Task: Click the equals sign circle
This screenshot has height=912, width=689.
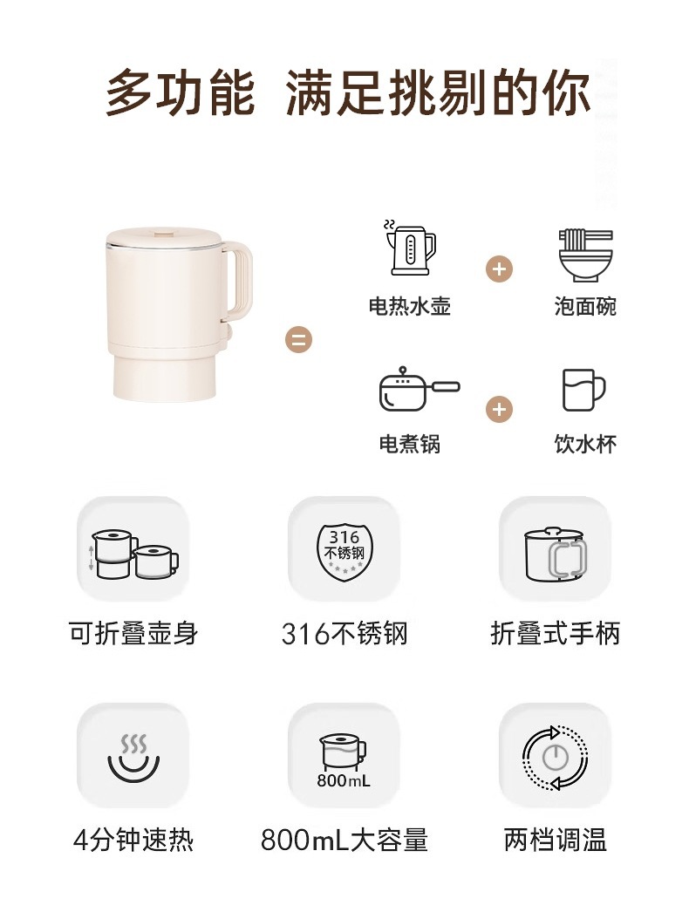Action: pyautogui.click(x=298, y=339)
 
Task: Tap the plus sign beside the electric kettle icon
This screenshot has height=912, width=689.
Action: pyautogui.click(x=499, y=269)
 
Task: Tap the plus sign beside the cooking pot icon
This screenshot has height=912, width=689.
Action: pyautogui.click(x=499, y=410)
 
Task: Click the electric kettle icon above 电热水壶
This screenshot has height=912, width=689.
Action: pyautogui.click(x=410, y=248)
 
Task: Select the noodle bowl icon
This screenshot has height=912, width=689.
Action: pyautogui.click(x=585, y=255)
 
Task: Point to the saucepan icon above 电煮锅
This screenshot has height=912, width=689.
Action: pyautogui.click(x=419, y=389)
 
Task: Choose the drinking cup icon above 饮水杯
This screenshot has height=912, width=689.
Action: pyautogui.click(x=583, y=390)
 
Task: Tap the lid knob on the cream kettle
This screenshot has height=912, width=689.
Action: pyautogui.click(x=163, y=234)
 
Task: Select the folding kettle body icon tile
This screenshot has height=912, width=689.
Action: pyautogui.click(x=133, y=548)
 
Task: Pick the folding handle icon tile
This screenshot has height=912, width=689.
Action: pyautogui.click(x=556, y=548)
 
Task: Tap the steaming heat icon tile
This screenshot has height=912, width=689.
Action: pyautogui.click(x=133, y=755)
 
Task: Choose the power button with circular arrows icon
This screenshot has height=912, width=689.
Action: pyautogui.click(x=556, y=758)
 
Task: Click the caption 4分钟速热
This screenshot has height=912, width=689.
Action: pyautogui.click(x=133, y=840)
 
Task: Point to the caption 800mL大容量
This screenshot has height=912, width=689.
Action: pyautogui.click(x=344, y=840)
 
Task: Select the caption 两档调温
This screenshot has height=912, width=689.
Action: pyautogui.click(x=556, y=840)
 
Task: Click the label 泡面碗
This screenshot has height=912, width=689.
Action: pyautogui.click(x=585, y=306)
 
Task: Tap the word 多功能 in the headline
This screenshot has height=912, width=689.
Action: pyautogui.click(x=181, y=92)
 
